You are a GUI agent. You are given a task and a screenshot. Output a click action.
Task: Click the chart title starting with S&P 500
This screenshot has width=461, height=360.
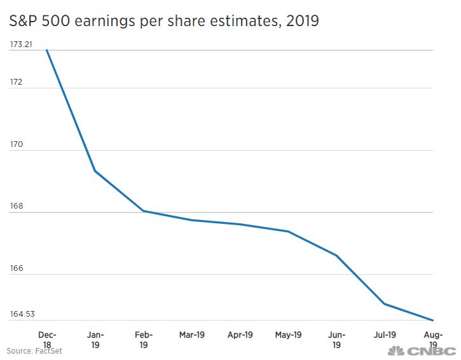coord(164,21)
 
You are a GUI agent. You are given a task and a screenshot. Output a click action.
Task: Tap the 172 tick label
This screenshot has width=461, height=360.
coord(16,83)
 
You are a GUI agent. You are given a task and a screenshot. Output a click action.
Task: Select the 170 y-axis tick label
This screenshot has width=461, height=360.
coord(16,144)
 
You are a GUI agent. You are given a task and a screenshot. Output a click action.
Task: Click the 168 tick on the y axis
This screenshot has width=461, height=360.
coord(16,206)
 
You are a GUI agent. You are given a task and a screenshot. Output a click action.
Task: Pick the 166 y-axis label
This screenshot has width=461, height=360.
coord(16,268)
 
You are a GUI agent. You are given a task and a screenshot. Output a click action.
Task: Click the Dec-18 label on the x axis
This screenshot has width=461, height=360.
coord(47,339)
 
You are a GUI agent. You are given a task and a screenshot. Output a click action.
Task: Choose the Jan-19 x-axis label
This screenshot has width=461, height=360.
coord(95,339)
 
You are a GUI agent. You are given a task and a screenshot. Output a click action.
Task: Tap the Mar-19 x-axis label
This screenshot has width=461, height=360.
coord(192,335)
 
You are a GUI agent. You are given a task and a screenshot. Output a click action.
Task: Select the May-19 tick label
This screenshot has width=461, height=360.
coord(289,335)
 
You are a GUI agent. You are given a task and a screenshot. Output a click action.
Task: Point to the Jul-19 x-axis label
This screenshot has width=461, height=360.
coord(385,335)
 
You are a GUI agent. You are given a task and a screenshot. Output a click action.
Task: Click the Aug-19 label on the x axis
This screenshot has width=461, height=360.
coord(434,339)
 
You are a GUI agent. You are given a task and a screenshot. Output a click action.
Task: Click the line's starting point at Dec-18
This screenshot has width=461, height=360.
coord(47,50)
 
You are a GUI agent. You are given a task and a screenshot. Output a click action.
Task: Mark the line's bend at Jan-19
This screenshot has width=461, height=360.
coord(95,171)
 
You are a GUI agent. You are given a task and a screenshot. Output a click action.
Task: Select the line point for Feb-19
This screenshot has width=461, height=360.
coord(144,211)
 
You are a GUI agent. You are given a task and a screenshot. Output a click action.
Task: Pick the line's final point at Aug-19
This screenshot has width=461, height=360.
coord(433,320)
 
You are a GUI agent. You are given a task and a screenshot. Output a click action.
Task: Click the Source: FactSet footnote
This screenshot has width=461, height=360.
coord(34,351)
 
